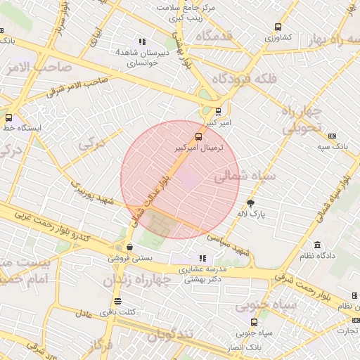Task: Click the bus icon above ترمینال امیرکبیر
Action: coord(198,136)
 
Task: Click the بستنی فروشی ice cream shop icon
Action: coord(130,247)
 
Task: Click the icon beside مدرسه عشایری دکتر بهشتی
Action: coord(203,258)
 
